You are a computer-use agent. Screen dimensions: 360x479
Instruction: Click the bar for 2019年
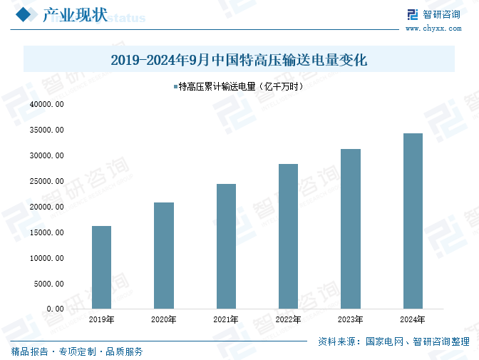tap(101, 267)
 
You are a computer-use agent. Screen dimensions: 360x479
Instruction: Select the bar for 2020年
tap(164, 255)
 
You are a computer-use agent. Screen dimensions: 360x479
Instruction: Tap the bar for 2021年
tap(226, 246)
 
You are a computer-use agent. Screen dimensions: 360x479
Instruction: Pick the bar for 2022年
tap(288, 236)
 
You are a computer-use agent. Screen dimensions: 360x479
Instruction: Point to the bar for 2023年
tap(351, 229)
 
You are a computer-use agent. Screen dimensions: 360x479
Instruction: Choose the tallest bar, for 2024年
tap(413, 221)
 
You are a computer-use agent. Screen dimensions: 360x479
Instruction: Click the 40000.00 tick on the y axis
tap(47, 105)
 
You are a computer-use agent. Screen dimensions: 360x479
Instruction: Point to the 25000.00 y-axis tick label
tap(47, 182)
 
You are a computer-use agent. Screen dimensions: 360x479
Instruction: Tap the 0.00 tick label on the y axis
tap(55, 309)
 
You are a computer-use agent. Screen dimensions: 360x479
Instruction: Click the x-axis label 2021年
tap(226, 320)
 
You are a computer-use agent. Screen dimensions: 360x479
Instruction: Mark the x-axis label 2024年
tap(413, 320)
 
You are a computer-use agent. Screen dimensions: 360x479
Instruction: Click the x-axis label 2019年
tap(101, 320)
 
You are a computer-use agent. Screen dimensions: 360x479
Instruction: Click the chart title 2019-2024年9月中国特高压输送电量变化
tap(239, 60)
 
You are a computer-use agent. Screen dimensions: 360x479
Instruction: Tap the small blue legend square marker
tap(175, 87)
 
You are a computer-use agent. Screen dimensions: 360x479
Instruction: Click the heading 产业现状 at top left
tap(75, 16)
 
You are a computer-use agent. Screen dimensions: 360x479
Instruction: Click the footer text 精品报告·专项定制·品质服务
tap(77, 351)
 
